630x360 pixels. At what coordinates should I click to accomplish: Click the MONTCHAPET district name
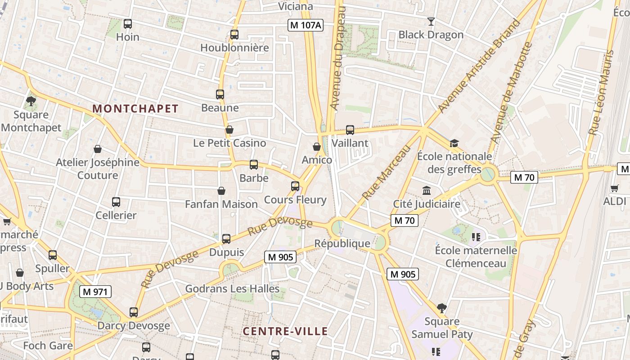135,108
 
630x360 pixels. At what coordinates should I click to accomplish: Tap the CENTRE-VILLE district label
285,332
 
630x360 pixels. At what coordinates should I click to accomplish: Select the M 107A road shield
306,25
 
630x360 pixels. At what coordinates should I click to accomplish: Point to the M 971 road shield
95,292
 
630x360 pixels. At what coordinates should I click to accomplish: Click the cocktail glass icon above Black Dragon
431,21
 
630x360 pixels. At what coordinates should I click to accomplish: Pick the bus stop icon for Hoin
128,24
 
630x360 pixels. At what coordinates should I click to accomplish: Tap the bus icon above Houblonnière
234,35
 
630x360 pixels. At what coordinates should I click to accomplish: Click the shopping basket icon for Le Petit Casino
229,130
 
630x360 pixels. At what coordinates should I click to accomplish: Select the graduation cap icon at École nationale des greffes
454,144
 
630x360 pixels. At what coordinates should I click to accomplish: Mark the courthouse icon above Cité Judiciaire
427,191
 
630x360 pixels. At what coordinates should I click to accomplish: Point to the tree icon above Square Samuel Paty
442,308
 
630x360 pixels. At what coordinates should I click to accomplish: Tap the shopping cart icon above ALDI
615,188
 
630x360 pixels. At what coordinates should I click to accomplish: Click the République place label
342,243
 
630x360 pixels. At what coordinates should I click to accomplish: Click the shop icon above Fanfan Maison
221,191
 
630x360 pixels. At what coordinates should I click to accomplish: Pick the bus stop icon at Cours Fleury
295,186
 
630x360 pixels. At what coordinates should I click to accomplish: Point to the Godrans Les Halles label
232,288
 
